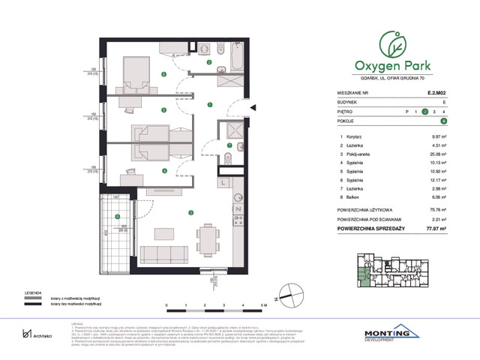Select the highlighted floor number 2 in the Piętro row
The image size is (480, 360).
pyautogui.click(x=424, y=112)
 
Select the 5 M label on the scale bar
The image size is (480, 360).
pyautogui.click(x=262, y=306)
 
